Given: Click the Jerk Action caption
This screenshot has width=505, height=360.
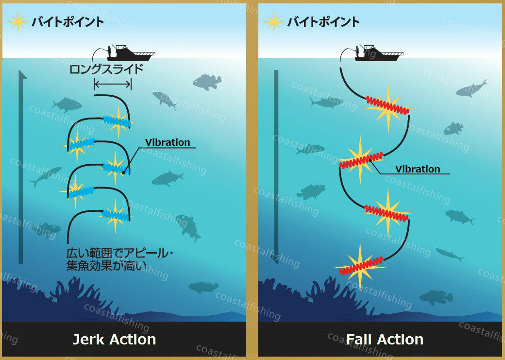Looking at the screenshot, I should coord(114,339).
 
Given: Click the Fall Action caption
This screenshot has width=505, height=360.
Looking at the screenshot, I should coord(385,339).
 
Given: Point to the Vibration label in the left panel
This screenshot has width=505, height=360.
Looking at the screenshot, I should coord(168,142).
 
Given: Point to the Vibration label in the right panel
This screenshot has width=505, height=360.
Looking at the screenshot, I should coord(418,169).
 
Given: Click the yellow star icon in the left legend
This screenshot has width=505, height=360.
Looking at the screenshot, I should coord(17,22).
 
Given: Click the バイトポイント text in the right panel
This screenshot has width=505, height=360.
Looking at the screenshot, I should coord(323,22).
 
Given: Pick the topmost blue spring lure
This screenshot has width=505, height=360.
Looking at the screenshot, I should coord(117,121).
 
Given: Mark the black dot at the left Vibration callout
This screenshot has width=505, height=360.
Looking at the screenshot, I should coord(124,171).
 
